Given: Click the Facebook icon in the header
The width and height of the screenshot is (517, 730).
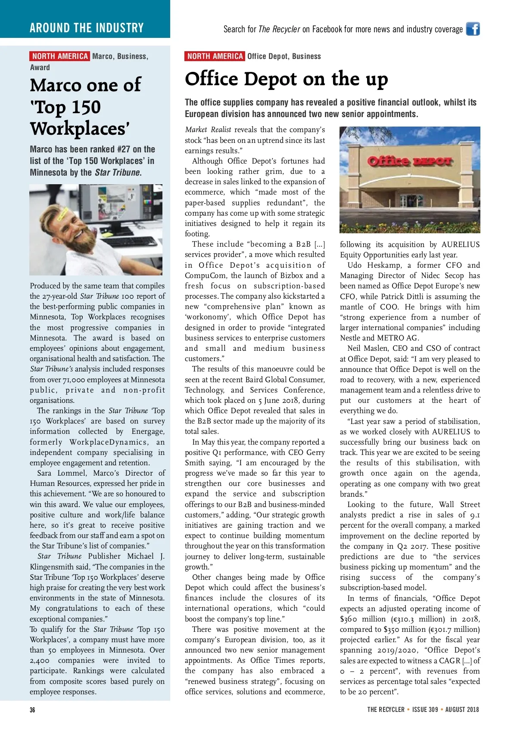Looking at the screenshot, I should coord(473,29).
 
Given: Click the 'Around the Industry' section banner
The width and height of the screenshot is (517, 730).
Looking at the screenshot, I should coord(86,28).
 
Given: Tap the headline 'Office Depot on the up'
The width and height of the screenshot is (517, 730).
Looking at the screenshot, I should coord(286,79).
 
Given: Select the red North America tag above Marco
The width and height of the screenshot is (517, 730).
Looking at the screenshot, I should coord(59,56).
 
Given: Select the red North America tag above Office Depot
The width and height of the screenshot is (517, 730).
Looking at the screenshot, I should coord(215,56).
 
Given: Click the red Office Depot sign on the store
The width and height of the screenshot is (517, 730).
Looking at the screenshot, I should coord(409,161).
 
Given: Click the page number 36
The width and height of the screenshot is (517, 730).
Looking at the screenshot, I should coord(32,710).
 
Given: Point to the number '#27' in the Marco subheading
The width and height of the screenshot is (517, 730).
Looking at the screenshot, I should coord(123,149).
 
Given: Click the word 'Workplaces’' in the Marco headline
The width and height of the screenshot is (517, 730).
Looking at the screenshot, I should coord(80,129).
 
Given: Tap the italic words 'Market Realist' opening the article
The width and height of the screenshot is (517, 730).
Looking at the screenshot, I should coord(208,130).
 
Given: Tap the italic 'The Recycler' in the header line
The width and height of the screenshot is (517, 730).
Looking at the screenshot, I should coord(279,29).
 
